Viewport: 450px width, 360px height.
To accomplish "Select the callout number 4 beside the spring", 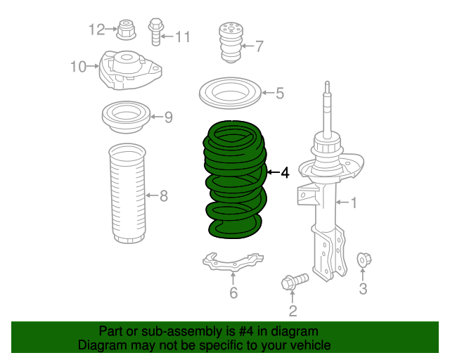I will click(x=284, y=172).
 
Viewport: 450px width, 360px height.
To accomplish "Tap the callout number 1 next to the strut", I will click(x=354, y=203).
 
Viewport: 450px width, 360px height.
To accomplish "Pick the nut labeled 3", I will click(x=364, y=259).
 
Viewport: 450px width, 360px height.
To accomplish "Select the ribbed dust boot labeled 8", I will click(x=127, y=194).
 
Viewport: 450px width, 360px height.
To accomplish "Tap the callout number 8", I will click(x=164, y=195).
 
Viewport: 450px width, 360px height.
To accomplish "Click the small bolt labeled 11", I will click(x=155, y=30).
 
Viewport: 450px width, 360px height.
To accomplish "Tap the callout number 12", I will click(x=96, y=29).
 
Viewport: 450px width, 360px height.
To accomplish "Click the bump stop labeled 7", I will click(x=229, y=41).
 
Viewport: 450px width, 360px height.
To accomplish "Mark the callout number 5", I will click(x=279, y=93).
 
